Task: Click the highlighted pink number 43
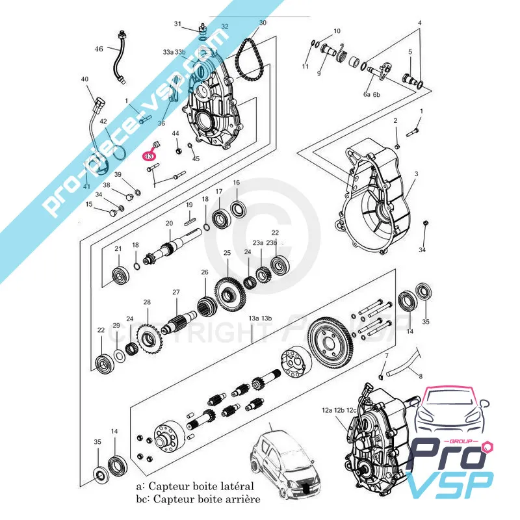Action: (149, 156)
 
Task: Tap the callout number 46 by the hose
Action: (99, 49)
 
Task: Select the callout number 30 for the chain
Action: (263, 23)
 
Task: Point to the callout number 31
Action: (177, 24)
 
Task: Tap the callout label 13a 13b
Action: (259, 318)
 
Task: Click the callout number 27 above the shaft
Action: (175, 292)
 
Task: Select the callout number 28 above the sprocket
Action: (147, 302)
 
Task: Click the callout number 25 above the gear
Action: (227, 253)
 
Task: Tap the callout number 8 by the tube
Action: (420, 376)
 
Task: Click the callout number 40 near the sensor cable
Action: (84, 79)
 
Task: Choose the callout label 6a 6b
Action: (372, 95)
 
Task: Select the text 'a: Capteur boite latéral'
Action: (196, 486)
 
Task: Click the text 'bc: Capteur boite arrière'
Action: (198, 499)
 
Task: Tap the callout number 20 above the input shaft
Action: (168, 224)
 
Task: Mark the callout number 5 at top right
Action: (410, 51)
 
